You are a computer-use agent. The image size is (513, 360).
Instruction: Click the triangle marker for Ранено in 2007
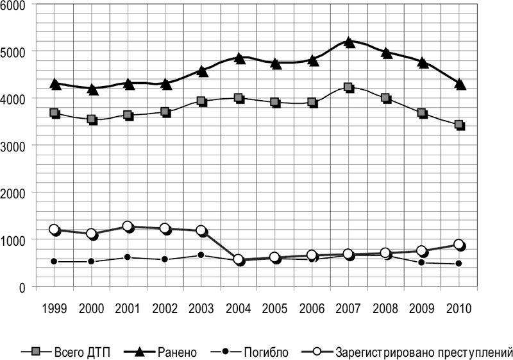click(348, 42)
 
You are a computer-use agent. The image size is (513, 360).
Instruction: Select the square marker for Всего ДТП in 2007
click(348, 87)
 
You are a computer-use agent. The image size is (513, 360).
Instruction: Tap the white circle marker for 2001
click(128, 227)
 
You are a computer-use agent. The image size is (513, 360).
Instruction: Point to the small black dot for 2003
click(201, 255)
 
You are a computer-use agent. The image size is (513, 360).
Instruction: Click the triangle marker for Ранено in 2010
click(460, 83)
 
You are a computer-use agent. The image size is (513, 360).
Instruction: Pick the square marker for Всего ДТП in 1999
click(55, 113)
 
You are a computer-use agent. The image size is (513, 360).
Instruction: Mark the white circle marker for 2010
click(458, 244)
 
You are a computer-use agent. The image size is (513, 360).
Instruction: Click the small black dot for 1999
click(55, 261)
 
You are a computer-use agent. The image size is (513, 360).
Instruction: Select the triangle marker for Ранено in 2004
click(239, 58)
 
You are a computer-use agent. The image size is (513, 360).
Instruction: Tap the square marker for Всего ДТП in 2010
click(459, 124)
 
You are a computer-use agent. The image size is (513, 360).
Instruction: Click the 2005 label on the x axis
click(276, 307)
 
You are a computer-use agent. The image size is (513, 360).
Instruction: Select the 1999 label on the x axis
click(54, 307)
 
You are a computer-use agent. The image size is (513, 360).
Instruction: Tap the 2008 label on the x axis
click(386, 307)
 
